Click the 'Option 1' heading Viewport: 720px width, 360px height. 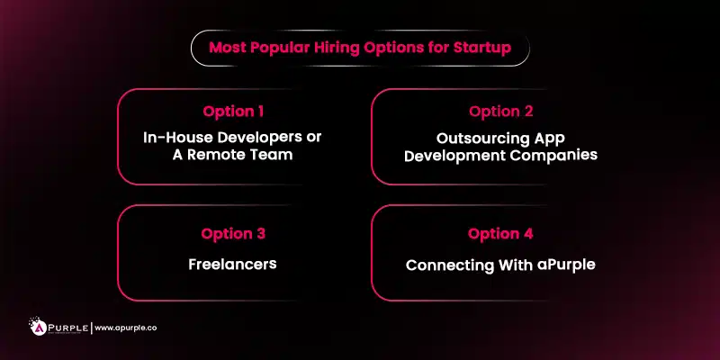pyautogui.click(x=233, y=112)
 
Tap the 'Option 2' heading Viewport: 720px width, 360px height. pyautogui.click(x=500, y=112)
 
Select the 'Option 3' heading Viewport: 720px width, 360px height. pyautogui.click(x=233, y=234)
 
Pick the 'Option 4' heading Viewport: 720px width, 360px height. pyautogui.click(x=500, y=234)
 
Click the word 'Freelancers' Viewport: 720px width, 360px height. pyautogui.click(x=232, y=266)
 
